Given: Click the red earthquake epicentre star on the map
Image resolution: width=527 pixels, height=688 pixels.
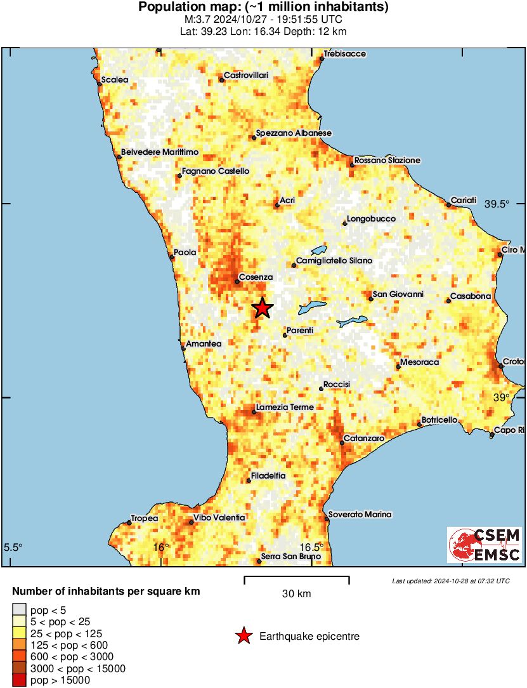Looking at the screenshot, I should [x=262, y=308].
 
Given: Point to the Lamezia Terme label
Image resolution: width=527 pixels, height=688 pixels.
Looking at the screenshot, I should [x=280, y=407].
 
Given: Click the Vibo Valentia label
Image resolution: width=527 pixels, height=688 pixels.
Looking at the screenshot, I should [x=219, y=518].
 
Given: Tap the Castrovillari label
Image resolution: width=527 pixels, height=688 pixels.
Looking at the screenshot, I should [x=246, y=76].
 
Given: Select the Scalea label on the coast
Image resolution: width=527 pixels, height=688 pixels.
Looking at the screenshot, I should [x=115, y=80].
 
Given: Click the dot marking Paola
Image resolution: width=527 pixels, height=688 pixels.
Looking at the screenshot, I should [x=172, y=257].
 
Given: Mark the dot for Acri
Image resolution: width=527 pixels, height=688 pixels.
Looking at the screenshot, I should [x=277, y=205].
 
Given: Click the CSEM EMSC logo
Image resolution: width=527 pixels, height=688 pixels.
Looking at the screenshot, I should [x=485, y=545].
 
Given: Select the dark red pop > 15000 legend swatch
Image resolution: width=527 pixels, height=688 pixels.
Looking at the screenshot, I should [x=20, y=680].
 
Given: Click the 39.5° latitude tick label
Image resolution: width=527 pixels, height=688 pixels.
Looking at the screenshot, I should [x=497, y=204].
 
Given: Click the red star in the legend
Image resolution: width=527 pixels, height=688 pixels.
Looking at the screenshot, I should [x=244, y=636].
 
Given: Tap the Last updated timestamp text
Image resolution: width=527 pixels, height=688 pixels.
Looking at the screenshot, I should [x=450, y=581].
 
